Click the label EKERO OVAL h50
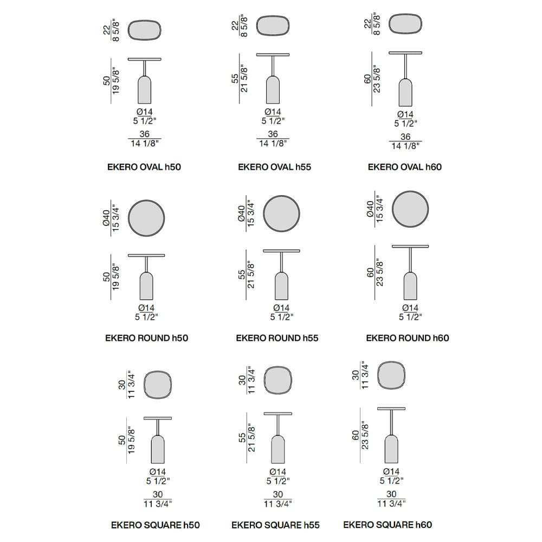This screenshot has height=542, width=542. (x=144, y=167)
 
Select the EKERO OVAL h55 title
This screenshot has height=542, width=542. (x=274, y=167)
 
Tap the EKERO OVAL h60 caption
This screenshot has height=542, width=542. (x=405, y=167)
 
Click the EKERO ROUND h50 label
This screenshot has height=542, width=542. (x=146, y=338)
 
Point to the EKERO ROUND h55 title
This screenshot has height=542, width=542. (x=277, y=338)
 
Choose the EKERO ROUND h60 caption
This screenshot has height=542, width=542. (x=408, y=338)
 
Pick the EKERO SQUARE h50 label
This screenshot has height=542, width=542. (x=155, y=525)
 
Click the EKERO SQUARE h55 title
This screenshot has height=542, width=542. (x=275, y=525)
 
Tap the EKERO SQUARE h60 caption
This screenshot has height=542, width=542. (x=388, y=525)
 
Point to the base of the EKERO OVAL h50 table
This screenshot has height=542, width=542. (x=145, y=90)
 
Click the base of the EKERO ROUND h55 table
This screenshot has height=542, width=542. (x=281, y=286)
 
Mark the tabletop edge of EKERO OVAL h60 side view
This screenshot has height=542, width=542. (x=405, y=53)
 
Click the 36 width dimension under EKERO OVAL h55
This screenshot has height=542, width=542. (x=273, y=134)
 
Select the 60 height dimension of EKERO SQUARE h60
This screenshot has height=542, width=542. (x=356, y=435)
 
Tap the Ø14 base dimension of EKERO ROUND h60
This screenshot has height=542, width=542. (x=410, y=308)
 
